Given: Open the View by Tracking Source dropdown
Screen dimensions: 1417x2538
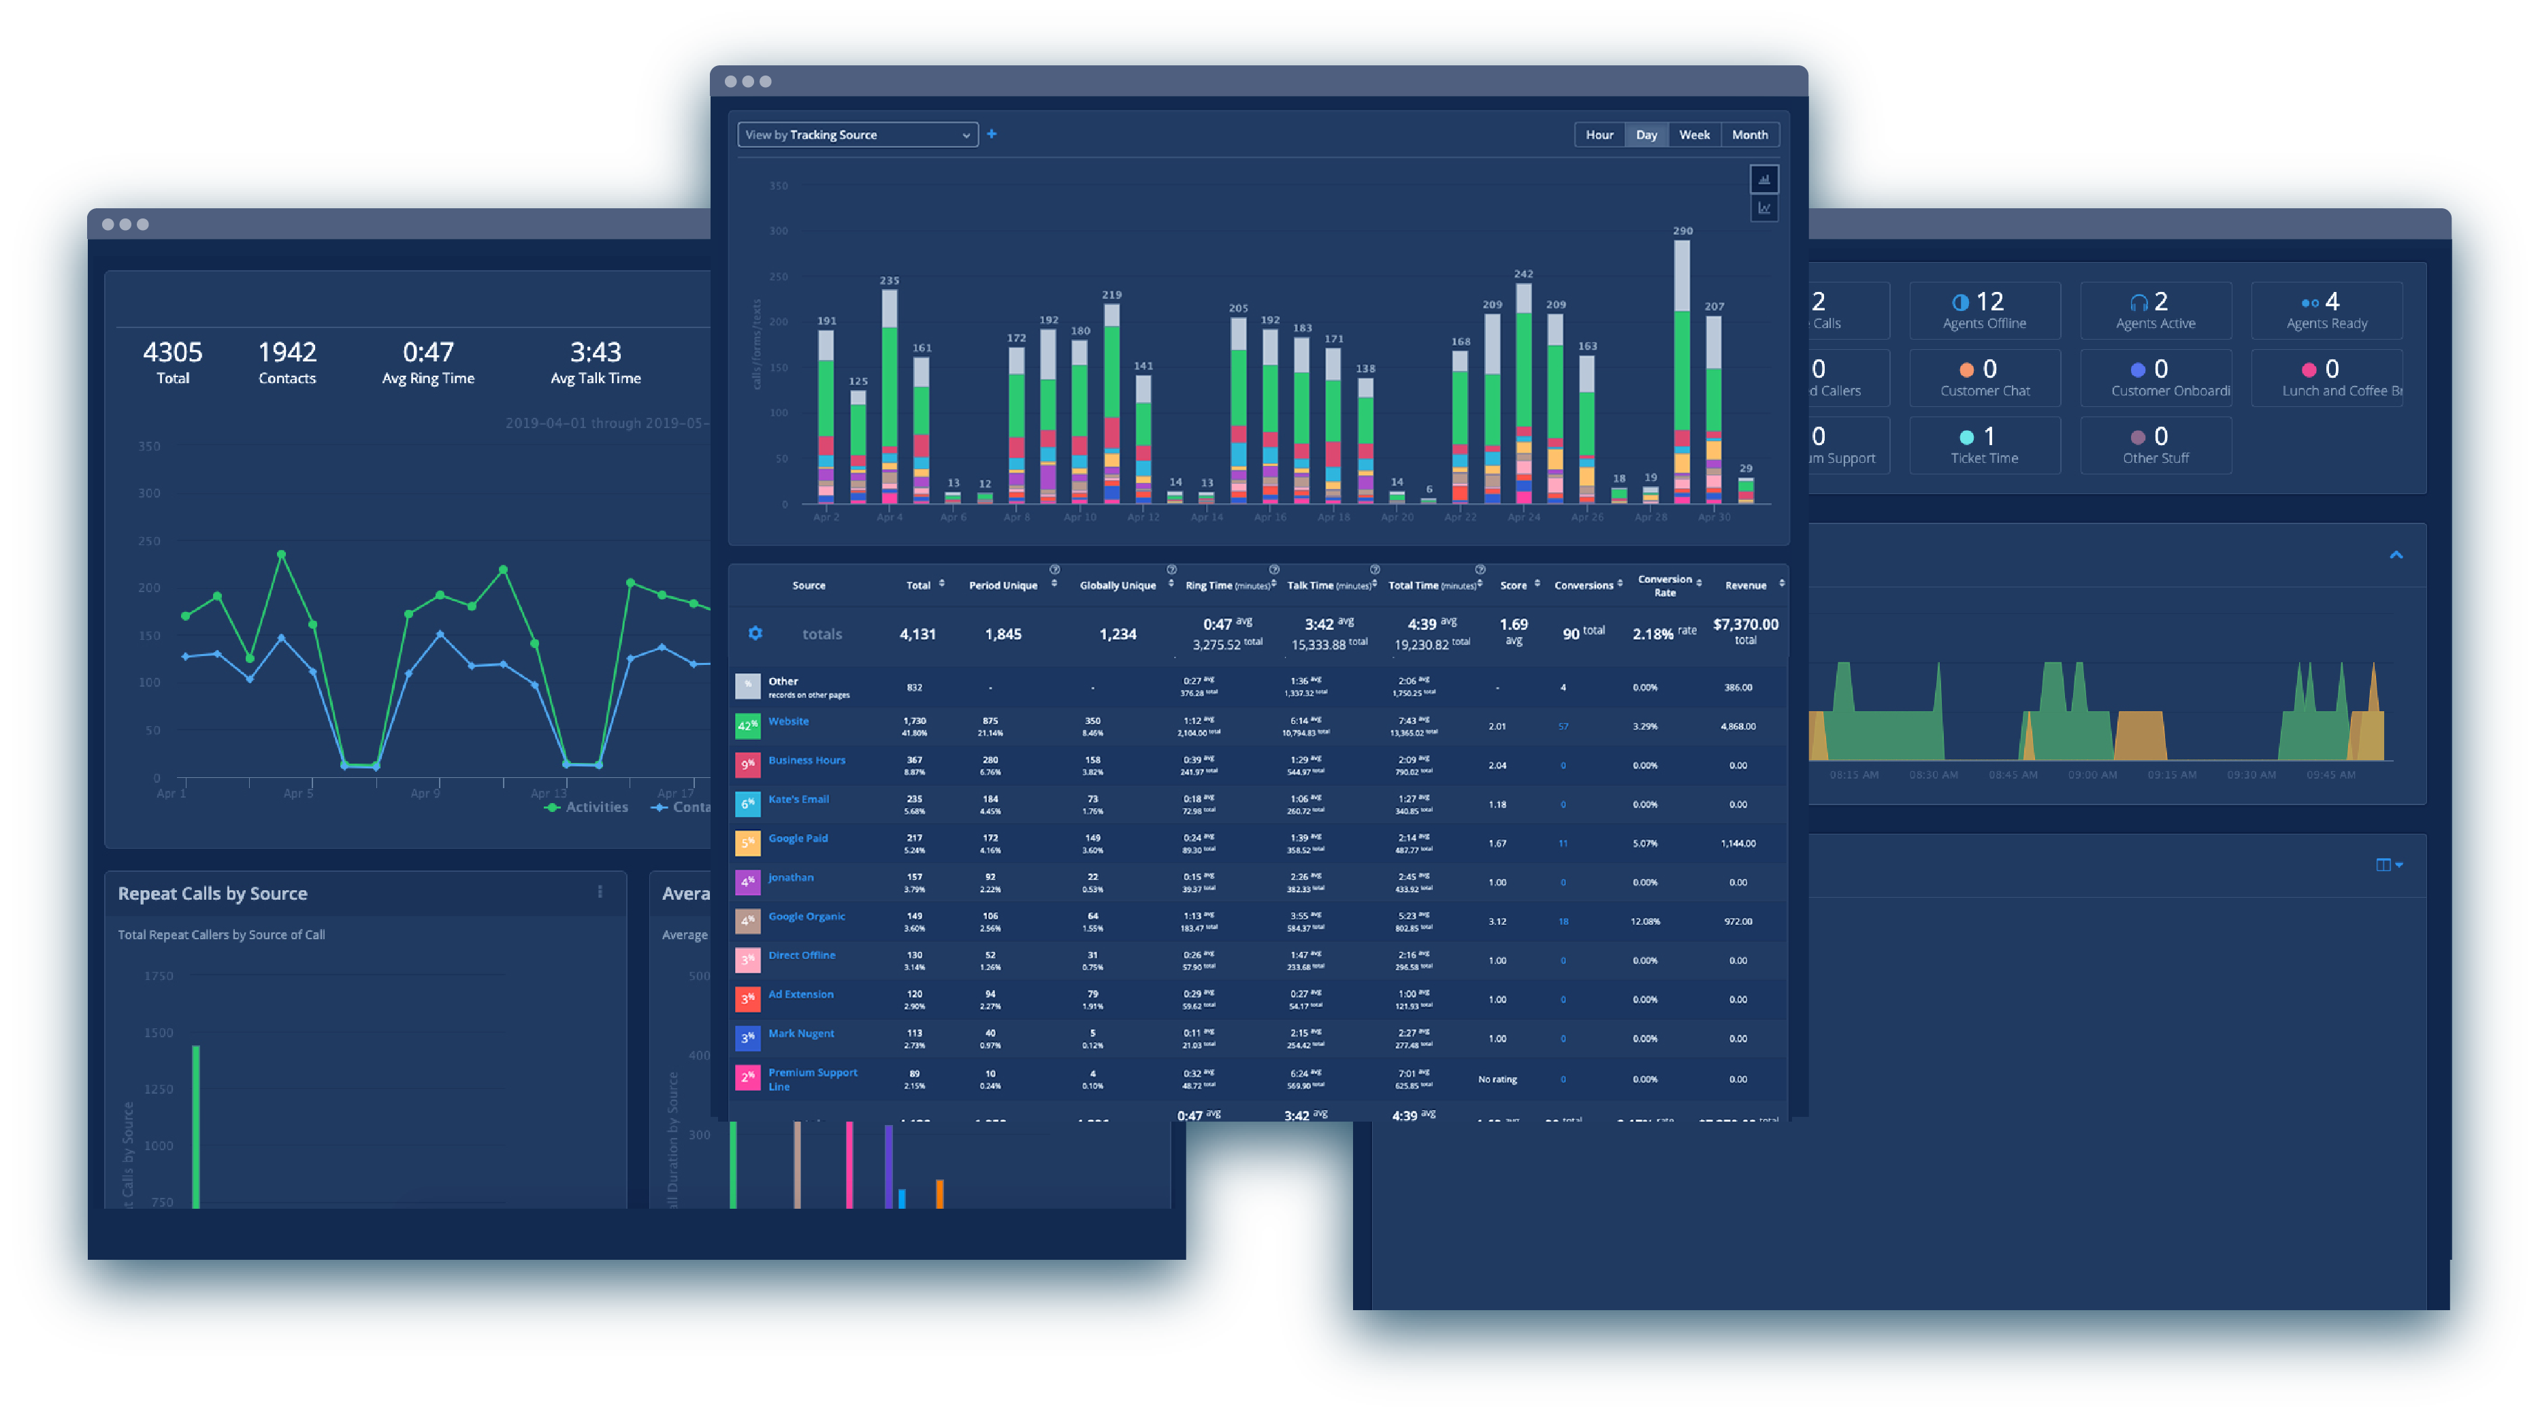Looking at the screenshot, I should tap(856, 135).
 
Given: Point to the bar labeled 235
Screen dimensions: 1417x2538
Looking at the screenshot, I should tap(889, 394).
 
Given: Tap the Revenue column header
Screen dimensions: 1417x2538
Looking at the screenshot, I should tap(1745, 585).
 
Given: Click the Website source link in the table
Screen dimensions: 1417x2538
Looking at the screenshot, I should tap(788, 721).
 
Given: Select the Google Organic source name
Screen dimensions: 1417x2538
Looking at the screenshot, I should tap(806, 916).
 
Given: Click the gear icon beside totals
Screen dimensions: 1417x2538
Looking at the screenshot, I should tap(755, 634).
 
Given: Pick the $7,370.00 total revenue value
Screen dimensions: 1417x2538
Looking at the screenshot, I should tap(1745, 625).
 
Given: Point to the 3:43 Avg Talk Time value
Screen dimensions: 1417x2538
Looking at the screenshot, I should tap(595, 361).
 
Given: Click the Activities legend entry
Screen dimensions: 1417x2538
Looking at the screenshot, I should tap(587, 807).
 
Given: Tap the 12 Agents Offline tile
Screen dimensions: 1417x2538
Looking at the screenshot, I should tap(1983, 310).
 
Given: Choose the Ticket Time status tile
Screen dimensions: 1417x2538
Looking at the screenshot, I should tap(1983, 445).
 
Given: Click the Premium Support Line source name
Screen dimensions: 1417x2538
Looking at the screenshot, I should tap(812, 1079).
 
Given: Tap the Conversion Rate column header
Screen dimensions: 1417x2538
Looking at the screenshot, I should tap(1664, 585).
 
